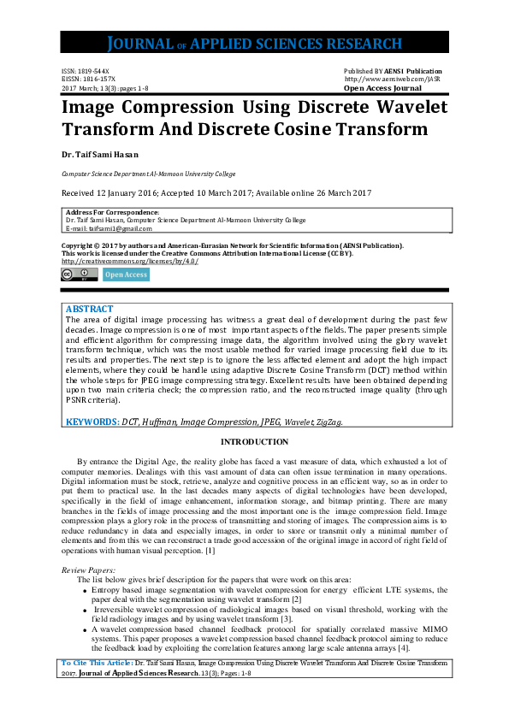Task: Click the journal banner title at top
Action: (x=254, y=44)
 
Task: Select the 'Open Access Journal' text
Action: (x=382, y=88)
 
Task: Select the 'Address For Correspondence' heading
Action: (x=112, y=212)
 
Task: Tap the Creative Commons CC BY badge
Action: (x=78, y=274)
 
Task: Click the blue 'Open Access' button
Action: (x=126, y=274)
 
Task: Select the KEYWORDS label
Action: (x=92, y=422)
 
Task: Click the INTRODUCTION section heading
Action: (x=254, y=442)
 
